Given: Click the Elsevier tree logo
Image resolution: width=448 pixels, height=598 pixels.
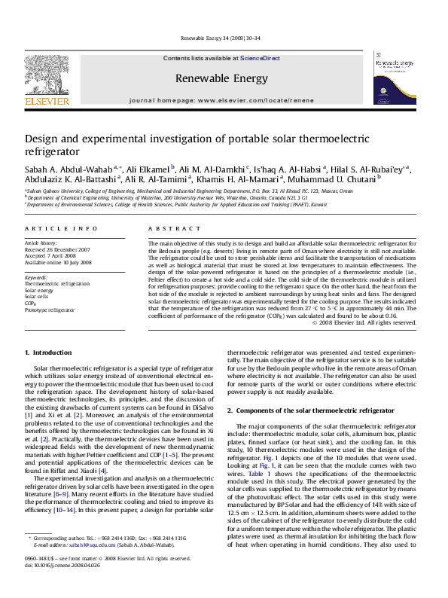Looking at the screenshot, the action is point(49,74).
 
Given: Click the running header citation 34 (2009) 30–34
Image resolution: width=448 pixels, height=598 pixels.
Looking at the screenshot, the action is point(224,38).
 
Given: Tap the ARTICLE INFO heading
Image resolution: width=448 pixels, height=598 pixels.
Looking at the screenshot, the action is point(59,227).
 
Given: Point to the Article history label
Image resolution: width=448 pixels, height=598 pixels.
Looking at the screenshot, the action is point(41,243).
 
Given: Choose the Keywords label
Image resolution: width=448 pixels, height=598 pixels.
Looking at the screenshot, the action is point(36,276).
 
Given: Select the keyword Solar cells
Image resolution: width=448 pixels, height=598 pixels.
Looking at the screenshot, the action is point(37,296).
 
